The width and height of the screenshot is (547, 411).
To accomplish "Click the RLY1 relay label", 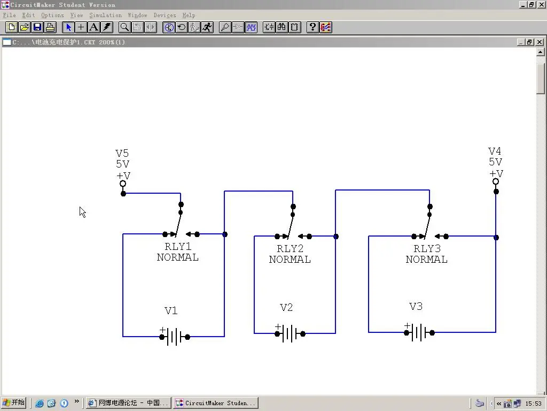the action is [178, 247].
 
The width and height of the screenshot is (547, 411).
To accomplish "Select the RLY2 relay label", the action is [290, 249].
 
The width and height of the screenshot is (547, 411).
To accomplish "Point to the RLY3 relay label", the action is [427, 249].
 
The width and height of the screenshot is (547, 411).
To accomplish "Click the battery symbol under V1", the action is [175, 337].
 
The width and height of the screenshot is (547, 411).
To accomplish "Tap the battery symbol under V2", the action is [290, 333].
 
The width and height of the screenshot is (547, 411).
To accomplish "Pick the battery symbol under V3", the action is [419, 332].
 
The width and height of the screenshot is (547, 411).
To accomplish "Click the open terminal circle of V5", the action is [123, 184].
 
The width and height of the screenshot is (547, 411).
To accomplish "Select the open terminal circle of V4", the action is [496, 181].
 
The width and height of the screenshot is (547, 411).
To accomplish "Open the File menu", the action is [10, 16].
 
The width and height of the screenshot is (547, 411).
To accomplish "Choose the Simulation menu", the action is [105, 16].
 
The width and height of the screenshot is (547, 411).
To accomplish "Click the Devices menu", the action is [165, 16].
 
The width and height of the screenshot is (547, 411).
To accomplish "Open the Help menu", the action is [189, 16].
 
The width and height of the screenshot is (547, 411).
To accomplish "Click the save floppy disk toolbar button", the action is [37, 27].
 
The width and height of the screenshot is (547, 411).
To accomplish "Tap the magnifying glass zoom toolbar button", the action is [124, 27].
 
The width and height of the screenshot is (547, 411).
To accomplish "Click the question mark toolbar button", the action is [312, 27].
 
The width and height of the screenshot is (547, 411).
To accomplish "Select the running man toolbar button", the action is [208, 27].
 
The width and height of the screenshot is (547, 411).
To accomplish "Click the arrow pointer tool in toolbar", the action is [68, 27].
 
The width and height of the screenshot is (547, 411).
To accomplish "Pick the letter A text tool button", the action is [94, 27].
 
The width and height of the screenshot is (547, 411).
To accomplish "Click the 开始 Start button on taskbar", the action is [14, 403].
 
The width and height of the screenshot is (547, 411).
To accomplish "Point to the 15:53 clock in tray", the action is [534, 404].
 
